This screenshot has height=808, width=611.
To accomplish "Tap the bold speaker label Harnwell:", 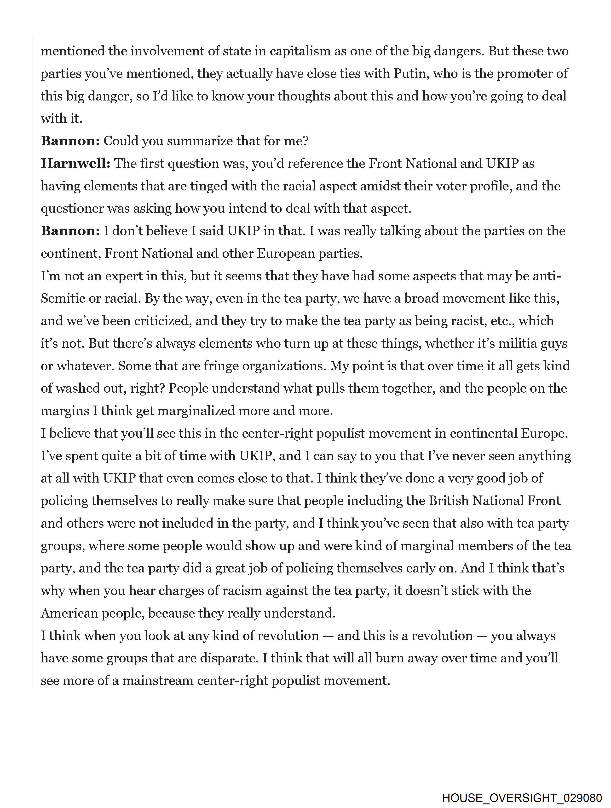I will pyautogui.click(x=75, y=164).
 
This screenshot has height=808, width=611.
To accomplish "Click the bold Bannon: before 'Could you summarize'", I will pyautogui.click(x=70, y=141).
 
